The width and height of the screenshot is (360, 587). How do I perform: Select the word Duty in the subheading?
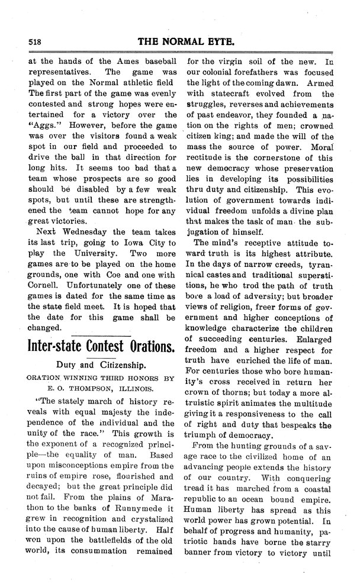(x=69, y=367)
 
